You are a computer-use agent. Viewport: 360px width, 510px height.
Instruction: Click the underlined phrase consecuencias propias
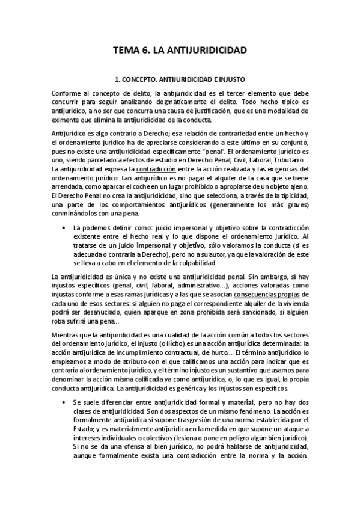(266, 295)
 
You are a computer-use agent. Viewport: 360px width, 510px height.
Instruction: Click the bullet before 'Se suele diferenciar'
(64, 401)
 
